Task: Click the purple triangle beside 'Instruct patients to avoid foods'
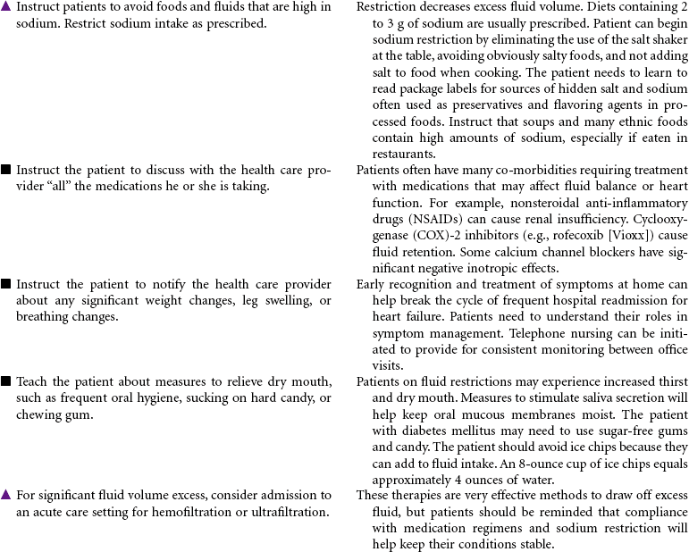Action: pos(5,8)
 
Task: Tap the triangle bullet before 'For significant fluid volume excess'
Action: pos(5,495)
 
